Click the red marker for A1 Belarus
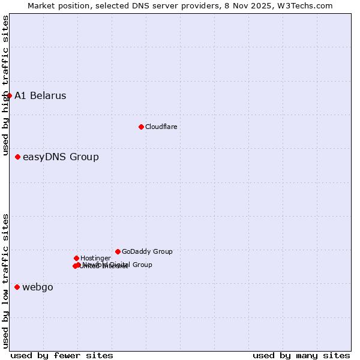tap(9, 95)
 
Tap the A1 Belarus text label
tap(40, 96)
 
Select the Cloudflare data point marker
tap(141, 127)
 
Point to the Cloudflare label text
tap(161, 127)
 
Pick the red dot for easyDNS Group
tap(17, 157)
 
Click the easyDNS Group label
tap(61, 157)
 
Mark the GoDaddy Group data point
tap(118, 251)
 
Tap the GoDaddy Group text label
tap(147, 251)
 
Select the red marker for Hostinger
tap(76, 258)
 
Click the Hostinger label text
tap(95, 258)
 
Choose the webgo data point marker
tap(17, 287)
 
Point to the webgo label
tap(38, 287)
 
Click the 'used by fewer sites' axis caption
tap(62, 355)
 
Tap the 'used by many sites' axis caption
tap(301, 355)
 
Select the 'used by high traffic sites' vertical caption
tap(5, 86)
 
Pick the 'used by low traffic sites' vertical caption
tap(5, 281)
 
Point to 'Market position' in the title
tap(56, 5)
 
